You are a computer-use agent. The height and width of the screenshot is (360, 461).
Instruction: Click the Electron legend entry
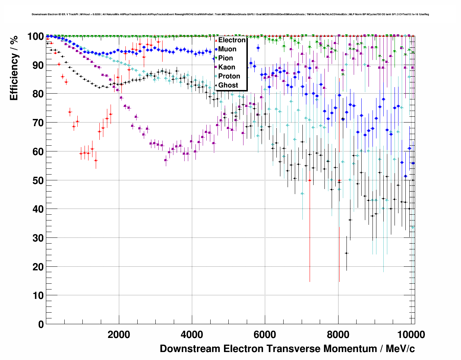232,40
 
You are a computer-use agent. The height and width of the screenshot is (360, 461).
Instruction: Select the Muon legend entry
227,49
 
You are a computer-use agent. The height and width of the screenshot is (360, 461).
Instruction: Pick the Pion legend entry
225,58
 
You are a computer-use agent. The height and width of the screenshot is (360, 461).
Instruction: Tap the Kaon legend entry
227,67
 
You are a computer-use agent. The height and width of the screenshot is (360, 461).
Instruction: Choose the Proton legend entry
229,76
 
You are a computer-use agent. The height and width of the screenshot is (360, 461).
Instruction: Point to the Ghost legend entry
228,85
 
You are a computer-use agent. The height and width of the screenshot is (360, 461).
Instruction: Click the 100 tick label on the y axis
35,37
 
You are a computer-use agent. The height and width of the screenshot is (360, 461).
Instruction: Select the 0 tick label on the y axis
41,324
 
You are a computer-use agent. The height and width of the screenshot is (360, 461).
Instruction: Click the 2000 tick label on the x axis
119,335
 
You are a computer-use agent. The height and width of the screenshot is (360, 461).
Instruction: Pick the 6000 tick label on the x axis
265,335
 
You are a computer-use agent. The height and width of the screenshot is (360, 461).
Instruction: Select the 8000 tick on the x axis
338,335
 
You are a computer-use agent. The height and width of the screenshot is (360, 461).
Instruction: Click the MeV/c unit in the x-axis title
400,349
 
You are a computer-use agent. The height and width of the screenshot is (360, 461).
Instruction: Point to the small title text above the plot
230,14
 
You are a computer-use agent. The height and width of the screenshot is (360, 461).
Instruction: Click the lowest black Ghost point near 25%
346,253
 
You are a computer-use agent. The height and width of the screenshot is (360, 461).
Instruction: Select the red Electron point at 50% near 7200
310,180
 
